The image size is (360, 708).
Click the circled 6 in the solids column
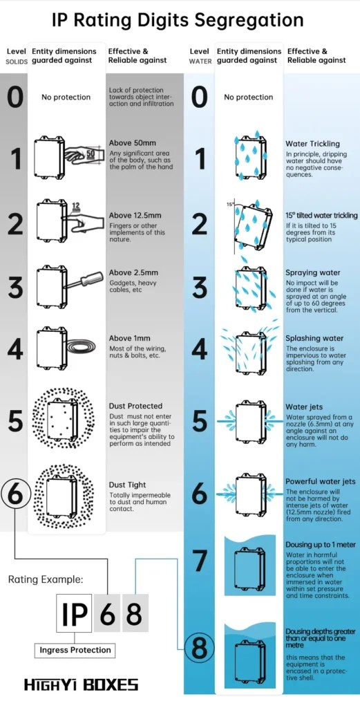tap(15, 495)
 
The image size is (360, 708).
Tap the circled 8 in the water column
tap(199, 649)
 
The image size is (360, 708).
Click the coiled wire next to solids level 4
tap(81, 348)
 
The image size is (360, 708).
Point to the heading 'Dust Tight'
tap(127, 485)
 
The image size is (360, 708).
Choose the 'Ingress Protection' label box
tap(75, 650)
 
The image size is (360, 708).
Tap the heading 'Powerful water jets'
tap(321, 482)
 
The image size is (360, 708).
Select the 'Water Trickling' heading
tap(312, 144)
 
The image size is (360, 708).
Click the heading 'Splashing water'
tap(314, 338)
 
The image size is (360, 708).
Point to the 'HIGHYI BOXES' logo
tap(82, 685)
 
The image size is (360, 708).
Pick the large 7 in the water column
tap(200, 561)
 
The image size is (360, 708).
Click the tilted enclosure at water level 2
tap(253, 225)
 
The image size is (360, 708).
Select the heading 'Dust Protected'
tap(135, 406)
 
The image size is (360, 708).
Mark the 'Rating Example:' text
tap(46, 580)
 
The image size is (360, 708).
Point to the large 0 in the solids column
tap(15, 97)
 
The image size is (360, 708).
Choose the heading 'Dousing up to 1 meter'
tap(321, 545)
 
